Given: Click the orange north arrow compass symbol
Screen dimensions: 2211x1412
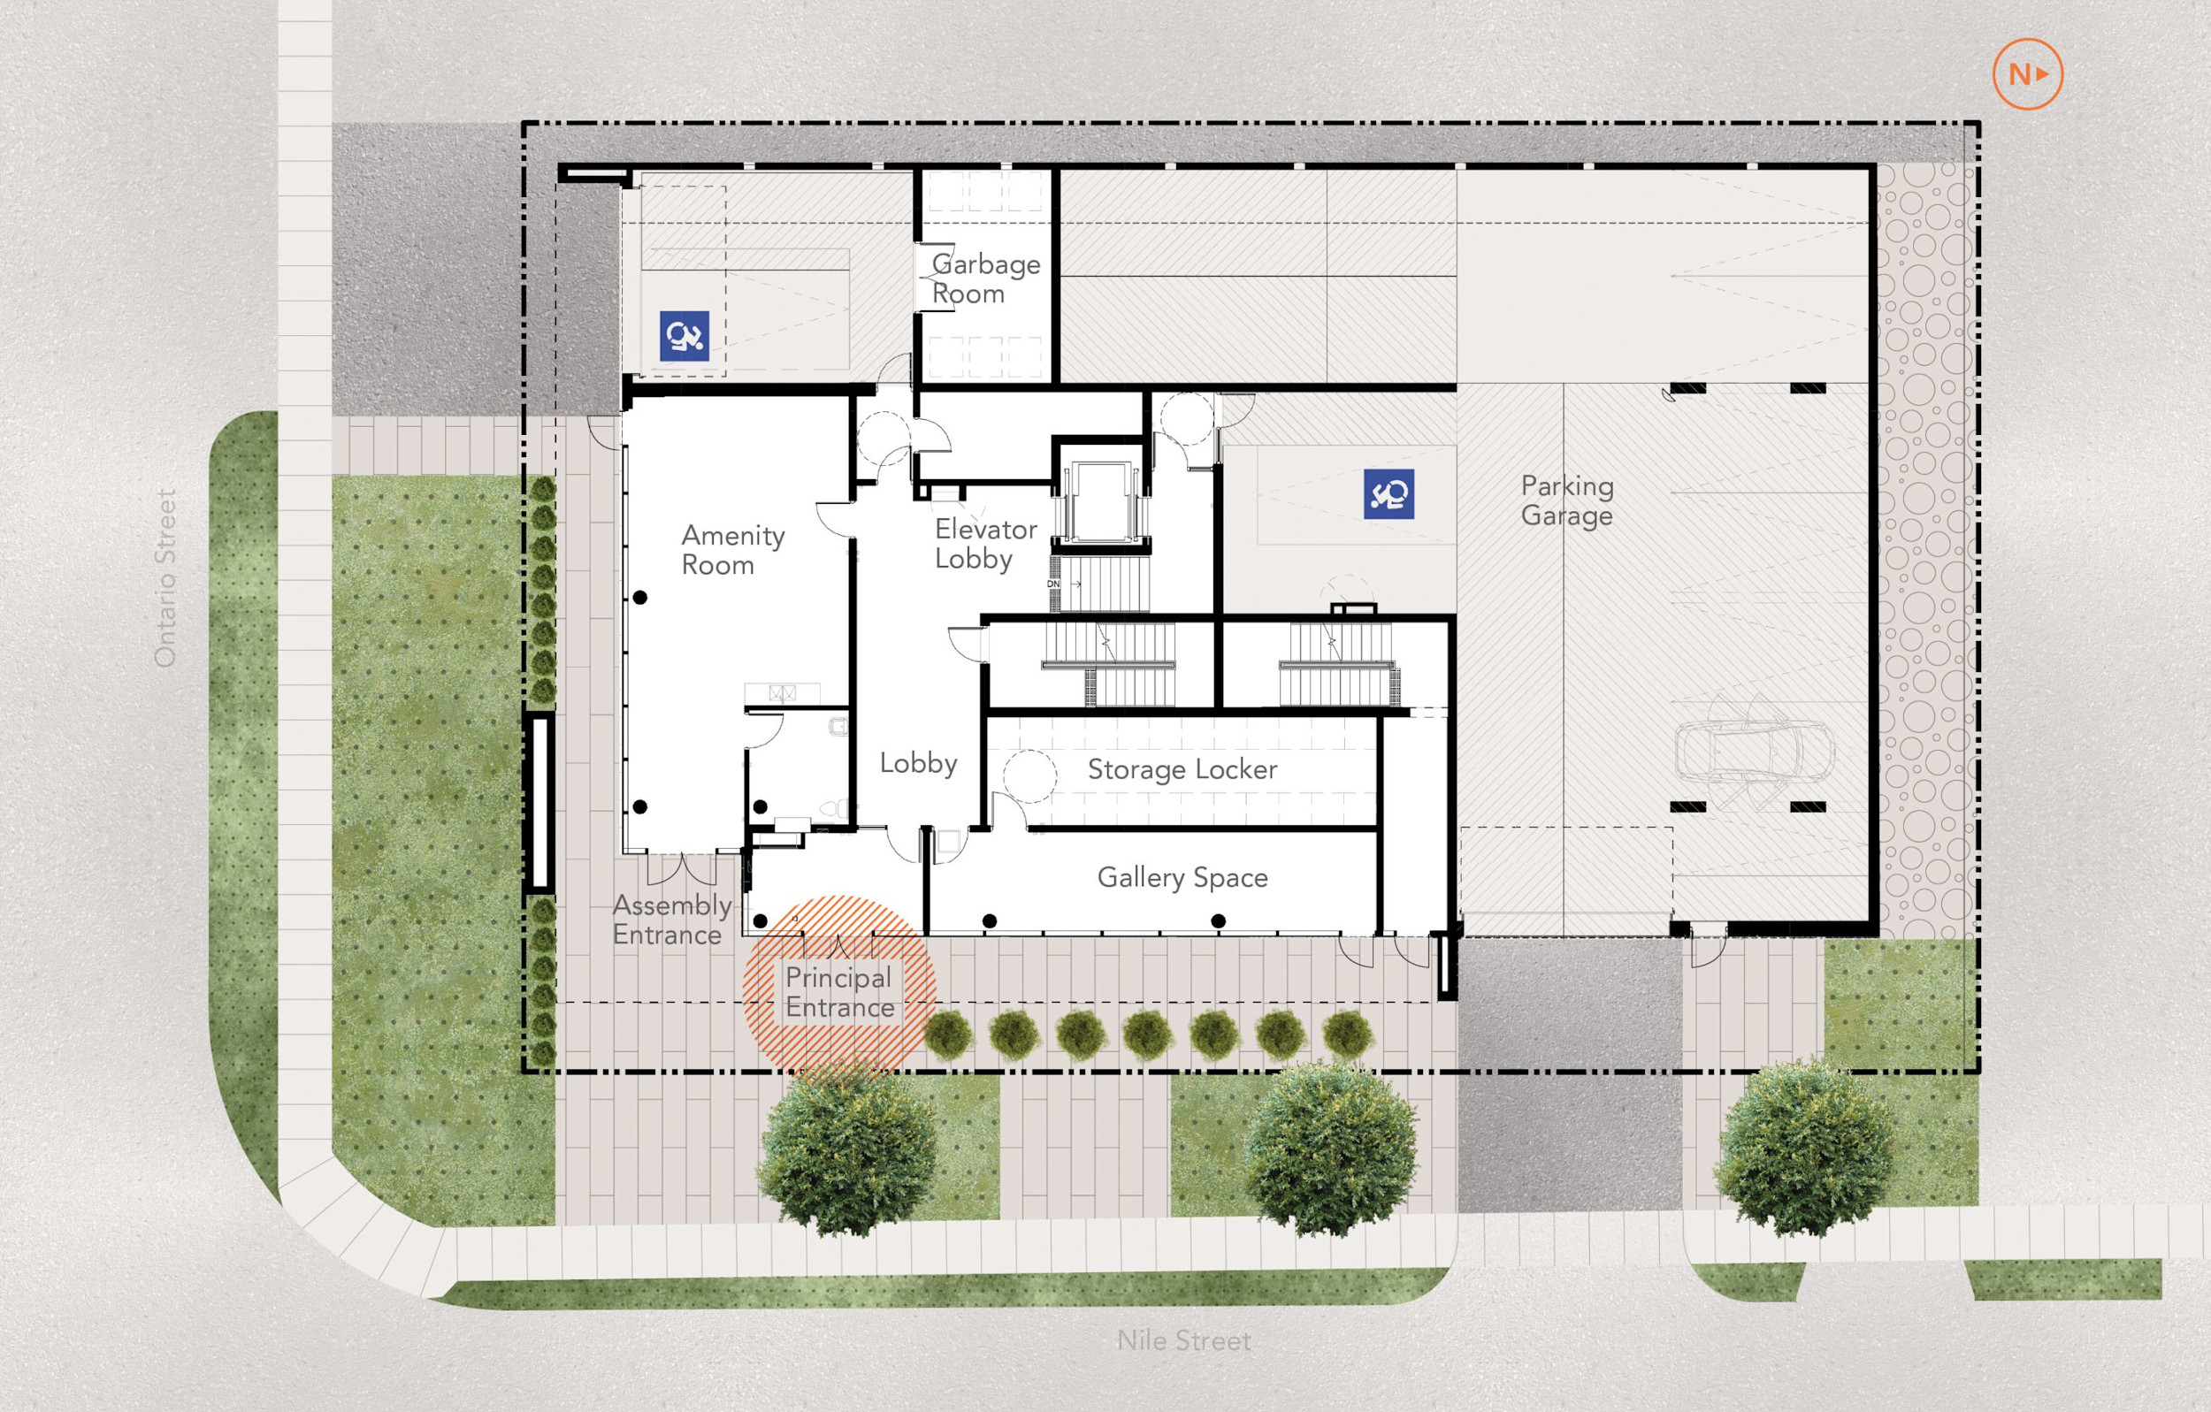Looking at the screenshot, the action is (x=2027, y=74).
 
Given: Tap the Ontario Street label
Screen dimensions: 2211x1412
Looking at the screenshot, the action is (x=165, y=577).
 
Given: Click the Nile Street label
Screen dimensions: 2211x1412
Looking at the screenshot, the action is (x=1183, y=1340).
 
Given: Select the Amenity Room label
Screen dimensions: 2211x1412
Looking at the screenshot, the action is (x=732, y=550).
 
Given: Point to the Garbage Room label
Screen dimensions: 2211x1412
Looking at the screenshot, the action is (x=985, y=279).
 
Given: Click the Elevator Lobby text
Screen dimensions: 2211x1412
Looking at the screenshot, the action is (x=985, y=545).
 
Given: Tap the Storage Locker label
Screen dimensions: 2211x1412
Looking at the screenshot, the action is (x=1182, y=769).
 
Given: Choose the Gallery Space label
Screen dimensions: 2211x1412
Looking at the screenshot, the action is (x=1182, y=878).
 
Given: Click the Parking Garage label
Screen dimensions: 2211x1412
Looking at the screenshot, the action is (x=1566, y=501).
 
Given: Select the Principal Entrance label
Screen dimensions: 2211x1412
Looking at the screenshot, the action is (x=839, y=992).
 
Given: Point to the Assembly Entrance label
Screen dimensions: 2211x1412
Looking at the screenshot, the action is (x=671, y=920).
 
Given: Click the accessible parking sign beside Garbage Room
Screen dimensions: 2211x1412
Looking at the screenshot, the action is (x=684, y=336).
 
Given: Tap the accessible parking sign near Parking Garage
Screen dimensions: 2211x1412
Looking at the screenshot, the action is (x=1389, y=494).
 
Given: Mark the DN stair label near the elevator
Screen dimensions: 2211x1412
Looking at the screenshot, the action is (x=1053, y=584).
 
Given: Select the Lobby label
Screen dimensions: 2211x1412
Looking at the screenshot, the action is (x=917, y=763).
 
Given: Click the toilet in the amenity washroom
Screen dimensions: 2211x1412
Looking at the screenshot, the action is (x=835, y=809).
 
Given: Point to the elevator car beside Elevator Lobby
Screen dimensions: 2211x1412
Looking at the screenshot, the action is (x=1100, y=503).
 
